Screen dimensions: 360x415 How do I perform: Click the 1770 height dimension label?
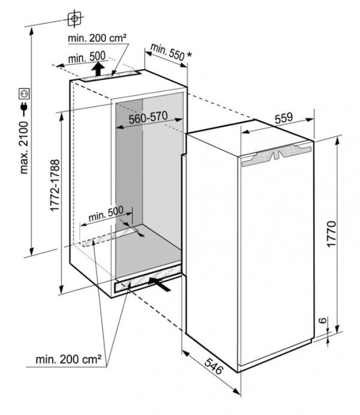(x=331, y=234)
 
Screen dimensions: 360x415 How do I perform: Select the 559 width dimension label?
(x=284, y=118)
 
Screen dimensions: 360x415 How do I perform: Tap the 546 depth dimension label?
(x=214, y=366)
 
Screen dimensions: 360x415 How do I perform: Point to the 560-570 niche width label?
(x=148, y=118)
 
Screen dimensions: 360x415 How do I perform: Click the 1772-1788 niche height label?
(x=55, y=185)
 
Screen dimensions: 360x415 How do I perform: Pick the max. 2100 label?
(x=24, y=148)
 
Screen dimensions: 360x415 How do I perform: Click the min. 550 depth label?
(x=167, y=52)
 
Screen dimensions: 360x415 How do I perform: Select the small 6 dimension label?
(x=322, y=321)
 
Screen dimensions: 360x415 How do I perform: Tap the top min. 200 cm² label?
(x=97, y=38)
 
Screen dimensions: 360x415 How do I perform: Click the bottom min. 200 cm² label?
(x=68, y=359)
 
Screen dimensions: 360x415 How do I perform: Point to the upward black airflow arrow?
(x=98, y=69)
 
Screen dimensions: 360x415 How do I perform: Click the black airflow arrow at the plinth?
(x=160, y=284)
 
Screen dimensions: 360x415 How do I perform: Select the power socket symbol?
(x=24, y=94)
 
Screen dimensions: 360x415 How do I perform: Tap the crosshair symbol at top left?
(x=74, y=19)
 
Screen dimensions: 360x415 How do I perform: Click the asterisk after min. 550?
(x=189, y=55)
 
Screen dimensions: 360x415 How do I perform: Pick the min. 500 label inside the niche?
(x=106, y=213)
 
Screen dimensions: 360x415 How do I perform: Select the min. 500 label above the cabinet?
(x=86, y=57)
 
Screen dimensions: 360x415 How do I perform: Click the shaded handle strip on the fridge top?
(x=277, y=154)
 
